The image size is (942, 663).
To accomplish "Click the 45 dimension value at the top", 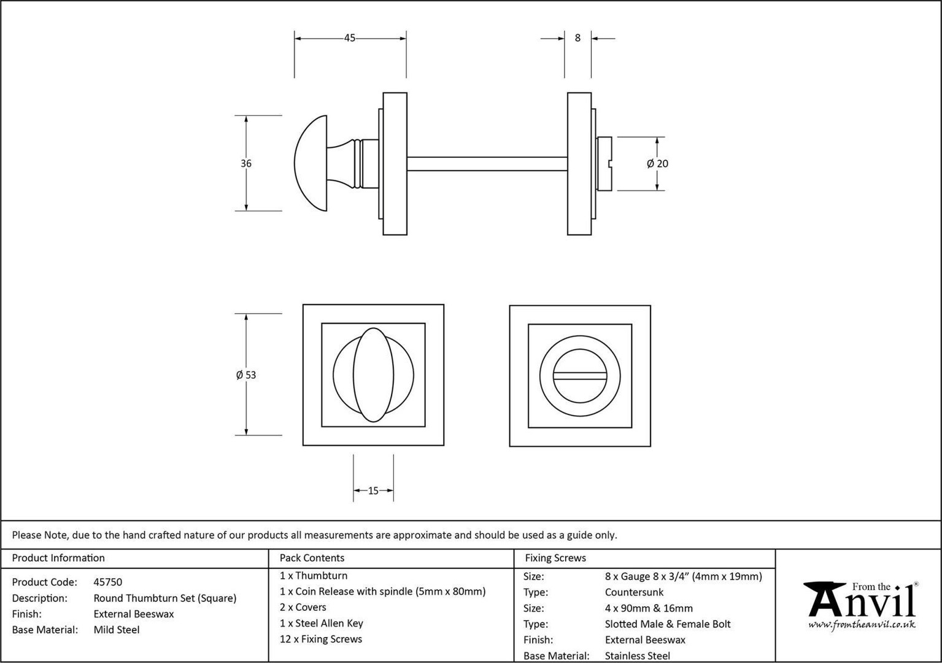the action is point(349,38).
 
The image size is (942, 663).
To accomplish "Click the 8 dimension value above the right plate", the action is point(577,38).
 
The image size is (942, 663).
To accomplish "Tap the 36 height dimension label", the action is point(246,163).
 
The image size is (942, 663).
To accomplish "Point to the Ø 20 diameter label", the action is point(657,163).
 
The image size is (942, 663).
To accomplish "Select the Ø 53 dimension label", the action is point(246,374).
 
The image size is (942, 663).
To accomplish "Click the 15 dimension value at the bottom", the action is point(373,490).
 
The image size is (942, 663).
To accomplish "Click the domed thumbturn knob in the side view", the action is point(311,163).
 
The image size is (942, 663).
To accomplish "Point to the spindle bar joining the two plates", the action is point(487,164).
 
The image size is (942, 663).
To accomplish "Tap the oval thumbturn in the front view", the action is point(374,375).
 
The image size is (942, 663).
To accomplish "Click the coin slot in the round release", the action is point(580,376).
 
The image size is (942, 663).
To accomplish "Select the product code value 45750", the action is point(107,582).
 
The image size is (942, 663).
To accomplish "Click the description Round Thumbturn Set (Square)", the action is point(165,598).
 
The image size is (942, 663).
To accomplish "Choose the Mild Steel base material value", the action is point(117,630).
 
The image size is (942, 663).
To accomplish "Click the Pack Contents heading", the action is point(312,558).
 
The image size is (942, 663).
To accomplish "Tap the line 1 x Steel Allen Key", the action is point(322,623).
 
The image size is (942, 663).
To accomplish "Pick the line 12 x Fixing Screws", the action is point(321,639).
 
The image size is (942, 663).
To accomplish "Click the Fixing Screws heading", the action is point(555,558).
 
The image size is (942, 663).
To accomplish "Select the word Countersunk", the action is point(634,592).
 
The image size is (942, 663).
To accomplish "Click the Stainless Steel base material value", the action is point(638,656).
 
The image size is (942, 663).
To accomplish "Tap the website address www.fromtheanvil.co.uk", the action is point(862,624).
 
